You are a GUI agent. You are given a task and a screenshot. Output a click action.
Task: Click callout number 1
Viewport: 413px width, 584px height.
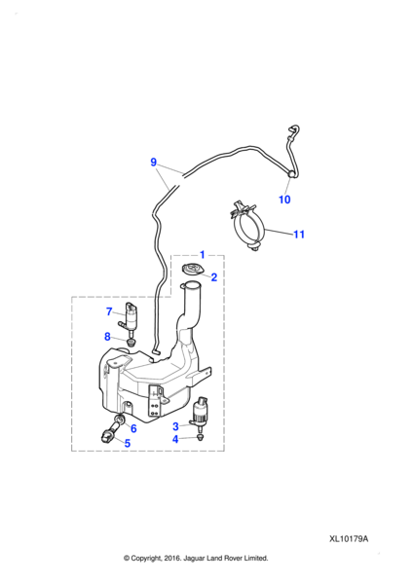click(202, 254)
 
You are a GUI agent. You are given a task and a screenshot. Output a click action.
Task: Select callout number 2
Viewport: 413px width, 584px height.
click(213, 276)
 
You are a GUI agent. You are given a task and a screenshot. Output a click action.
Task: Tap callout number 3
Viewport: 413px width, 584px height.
click(176, 425)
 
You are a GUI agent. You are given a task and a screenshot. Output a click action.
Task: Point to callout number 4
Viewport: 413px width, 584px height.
click(176, 439)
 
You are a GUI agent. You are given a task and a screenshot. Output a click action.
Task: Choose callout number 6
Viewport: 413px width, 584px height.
click(132, 427)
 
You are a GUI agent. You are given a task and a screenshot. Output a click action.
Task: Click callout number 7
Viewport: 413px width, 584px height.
click(109, 311)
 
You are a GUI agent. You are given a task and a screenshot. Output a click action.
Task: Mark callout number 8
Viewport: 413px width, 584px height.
click(109, 337)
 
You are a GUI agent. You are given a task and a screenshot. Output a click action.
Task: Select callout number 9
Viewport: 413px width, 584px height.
click(153, 163)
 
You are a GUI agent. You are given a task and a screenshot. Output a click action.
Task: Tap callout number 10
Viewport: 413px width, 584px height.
click(284, 200)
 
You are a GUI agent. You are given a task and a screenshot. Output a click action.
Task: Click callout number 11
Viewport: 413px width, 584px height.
click(299, 234)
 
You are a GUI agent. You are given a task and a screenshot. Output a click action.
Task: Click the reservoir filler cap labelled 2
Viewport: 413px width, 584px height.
click(192, 271)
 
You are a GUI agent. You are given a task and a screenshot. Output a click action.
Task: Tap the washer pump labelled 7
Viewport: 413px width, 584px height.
click(131, 317)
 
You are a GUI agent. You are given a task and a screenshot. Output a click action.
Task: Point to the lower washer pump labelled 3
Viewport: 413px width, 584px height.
click(203, 413)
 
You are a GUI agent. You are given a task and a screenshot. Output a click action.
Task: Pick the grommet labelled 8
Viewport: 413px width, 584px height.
click(131, 341)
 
